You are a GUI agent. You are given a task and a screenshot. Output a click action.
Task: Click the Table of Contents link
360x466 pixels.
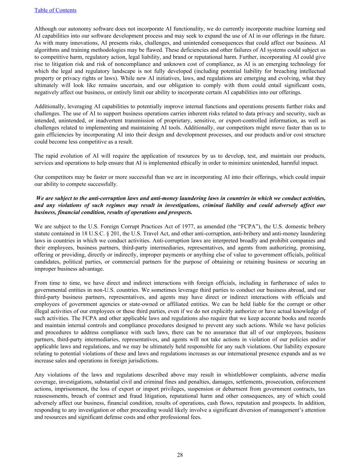tap(55, 10)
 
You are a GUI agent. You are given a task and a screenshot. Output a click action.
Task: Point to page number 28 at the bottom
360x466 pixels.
tap(180, 455)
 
